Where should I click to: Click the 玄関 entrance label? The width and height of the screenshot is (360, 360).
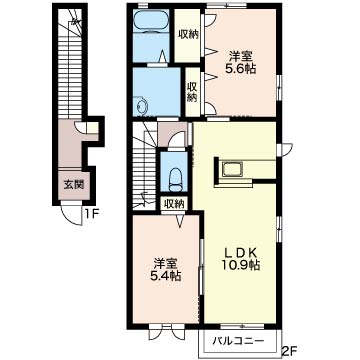tap(73, 185)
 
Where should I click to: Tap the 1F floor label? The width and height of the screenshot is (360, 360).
tap(90, 212)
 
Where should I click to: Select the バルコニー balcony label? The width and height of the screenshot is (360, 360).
tap(239, 341)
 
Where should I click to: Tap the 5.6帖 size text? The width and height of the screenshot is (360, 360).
tap(239, 69)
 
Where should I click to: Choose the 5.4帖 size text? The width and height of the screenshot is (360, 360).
tap(164, 276)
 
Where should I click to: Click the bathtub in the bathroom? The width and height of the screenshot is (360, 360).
tap(151, 21)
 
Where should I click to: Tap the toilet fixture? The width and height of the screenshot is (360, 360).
tap(174, 179)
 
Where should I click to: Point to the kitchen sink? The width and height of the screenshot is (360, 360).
tap(232, 169)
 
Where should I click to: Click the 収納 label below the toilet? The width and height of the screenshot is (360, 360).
tap(174, 204)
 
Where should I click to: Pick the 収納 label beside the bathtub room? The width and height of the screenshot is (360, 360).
tap(188, 34)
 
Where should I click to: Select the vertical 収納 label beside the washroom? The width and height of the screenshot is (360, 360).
tap(193, 92)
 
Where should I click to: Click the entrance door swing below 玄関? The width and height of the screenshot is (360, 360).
tap(71, 214)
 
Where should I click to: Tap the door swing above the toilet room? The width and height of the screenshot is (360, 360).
tap(176, 139)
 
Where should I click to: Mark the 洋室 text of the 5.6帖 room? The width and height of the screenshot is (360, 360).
tap(239, 56)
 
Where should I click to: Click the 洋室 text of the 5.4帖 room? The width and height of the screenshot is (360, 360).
tap(165, 263)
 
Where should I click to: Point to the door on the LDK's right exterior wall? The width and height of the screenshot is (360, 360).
tap(285, 149)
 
